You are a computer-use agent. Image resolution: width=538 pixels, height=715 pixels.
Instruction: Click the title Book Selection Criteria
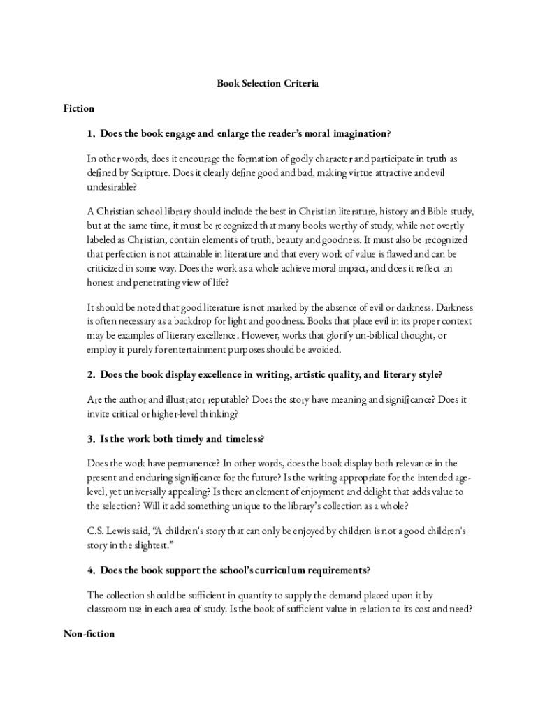(x=268, y=83)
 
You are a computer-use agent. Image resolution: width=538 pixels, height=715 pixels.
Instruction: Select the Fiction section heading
(x=78, y=108)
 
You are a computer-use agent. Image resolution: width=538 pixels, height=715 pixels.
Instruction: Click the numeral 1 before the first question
(x=90, y=133)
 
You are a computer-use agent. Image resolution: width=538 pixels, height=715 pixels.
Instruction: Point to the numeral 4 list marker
(x=90, y=570)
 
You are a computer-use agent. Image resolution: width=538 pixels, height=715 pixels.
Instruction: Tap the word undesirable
(x=111, y=187)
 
